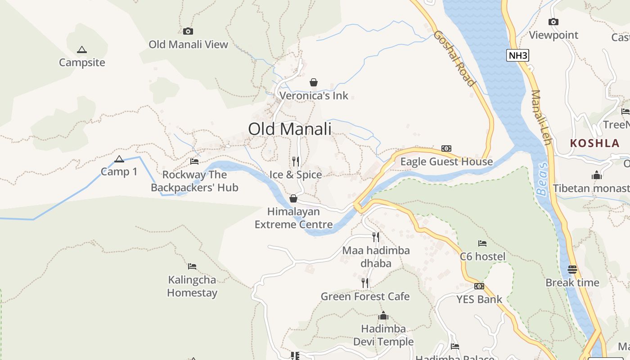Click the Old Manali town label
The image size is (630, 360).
(290, 129)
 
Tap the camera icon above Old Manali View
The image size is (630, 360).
(188, 31)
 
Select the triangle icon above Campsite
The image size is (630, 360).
(81, 49)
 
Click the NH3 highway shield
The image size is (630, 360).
(517, 56)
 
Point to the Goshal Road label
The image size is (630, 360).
(454, 58)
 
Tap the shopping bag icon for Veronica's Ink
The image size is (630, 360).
(314, 82)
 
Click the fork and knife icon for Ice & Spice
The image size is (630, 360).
(296, 161)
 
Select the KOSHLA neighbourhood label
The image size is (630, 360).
(594, 144)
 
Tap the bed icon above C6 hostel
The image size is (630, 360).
(482, 243)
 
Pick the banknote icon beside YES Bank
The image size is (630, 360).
(479, 286)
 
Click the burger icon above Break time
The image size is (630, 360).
(572, 270)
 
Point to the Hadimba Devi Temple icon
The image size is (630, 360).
(383, 315)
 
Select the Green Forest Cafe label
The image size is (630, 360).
(365, 297)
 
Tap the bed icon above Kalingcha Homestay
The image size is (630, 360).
(192, 266)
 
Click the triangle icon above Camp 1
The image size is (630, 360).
(119, 159)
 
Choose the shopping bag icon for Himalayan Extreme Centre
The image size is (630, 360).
(293, 198)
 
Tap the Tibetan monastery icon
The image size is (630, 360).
(597, 175)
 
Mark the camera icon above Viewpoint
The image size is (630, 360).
(553, 22)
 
